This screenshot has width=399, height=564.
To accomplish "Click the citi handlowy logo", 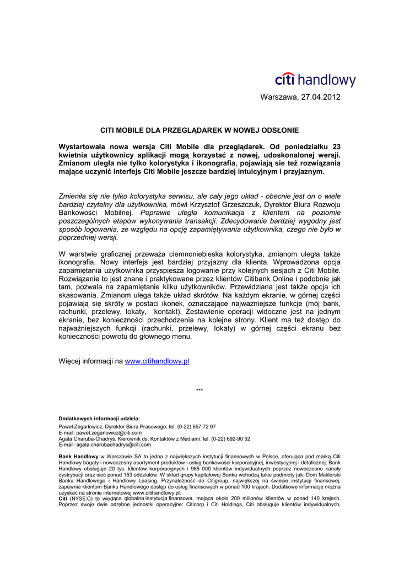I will click(x=315, y=80).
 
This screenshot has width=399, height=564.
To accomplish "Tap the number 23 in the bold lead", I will click(x=336, y=147).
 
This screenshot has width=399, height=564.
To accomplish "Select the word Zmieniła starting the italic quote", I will click(x=73, y=196).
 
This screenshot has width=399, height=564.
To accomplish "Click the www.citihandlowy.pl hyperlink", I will click(x=157, y=361).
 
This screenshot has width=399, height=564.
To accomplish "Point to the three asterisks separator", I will click(x=199, y=391).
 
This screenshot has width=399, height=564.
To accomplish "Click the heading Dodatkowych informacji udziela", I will click(x=99, y=418).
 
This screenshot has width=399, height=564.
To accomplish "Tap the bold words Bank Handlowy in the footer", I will click(x=78, y=457).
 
